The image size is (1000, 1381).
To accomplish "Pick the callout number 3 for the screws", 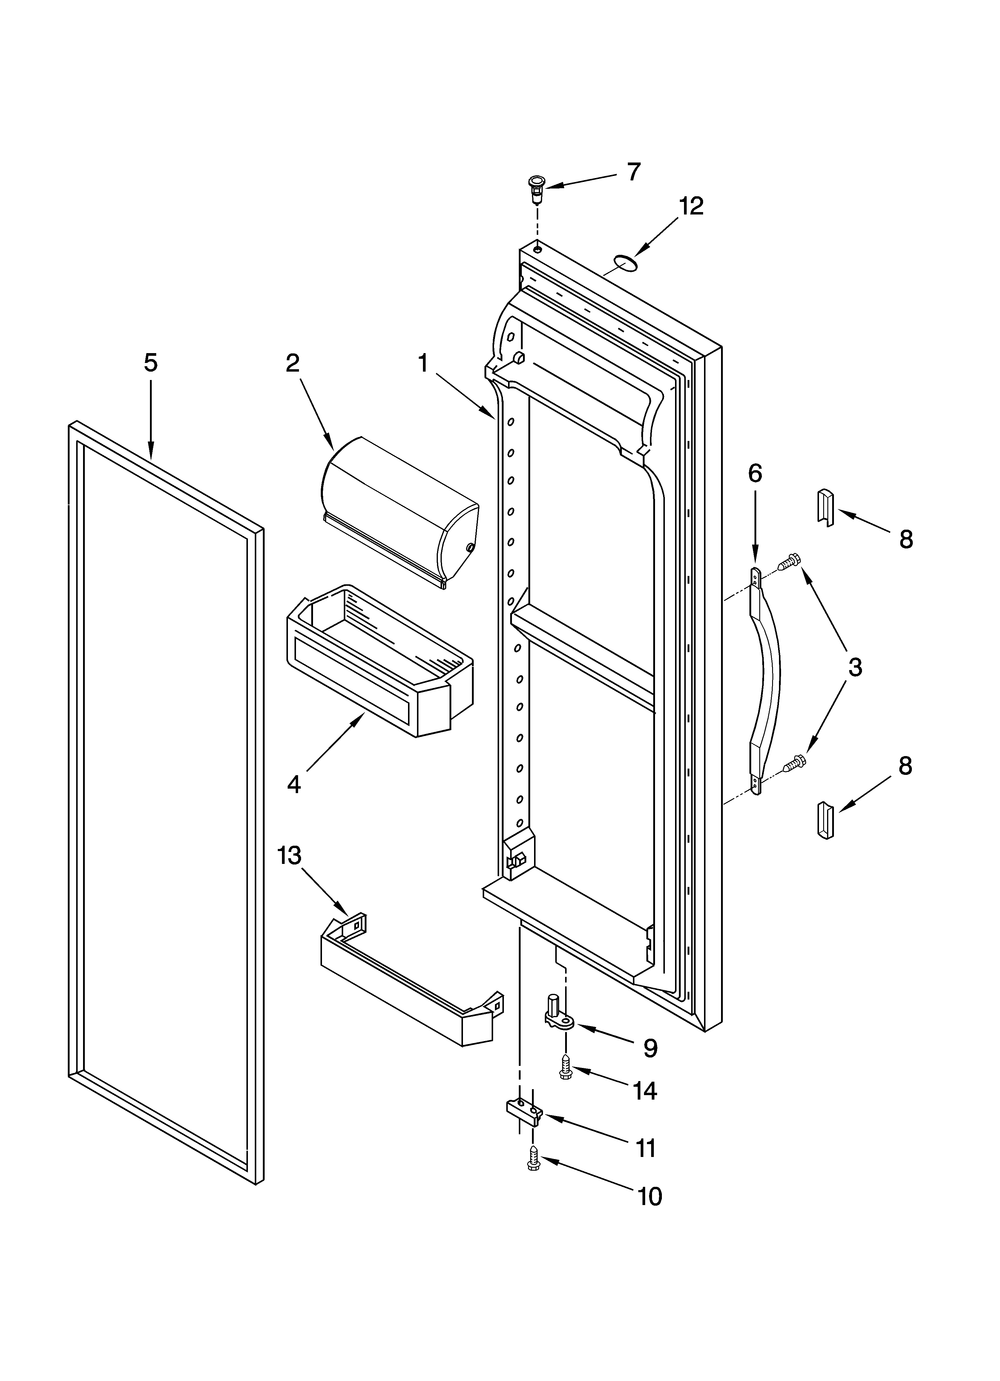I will (855, 667).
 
